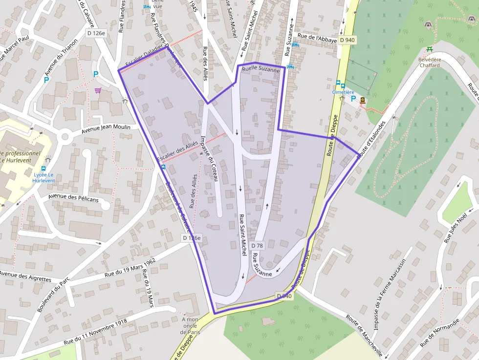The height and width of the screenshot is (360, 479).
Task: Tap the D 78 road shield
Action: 257,245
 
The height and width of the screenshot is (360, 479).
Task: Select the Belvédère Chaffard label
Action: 429,63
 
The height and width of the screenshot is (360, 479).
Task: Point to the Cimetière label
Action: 343,92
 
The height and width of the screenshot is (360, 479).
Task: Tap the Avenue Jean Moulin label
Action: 106,127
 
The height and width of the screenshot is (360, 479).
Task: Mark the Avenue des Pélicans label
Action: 73,200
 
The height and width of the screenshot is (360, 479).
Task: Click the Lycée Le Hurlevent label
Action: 44,177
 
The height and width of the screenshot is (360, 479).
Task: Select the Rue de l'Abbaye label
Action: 317,38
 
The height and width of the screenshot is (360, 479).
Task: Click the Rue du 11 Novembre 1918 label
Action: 95,333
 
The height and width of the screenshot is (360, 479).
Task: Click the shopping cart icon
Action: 98,90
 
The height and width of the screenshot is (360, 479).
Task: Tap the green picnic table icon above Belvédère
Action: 429,48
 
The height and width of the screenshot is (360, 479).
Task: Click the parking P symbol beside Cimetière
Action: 353,98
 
